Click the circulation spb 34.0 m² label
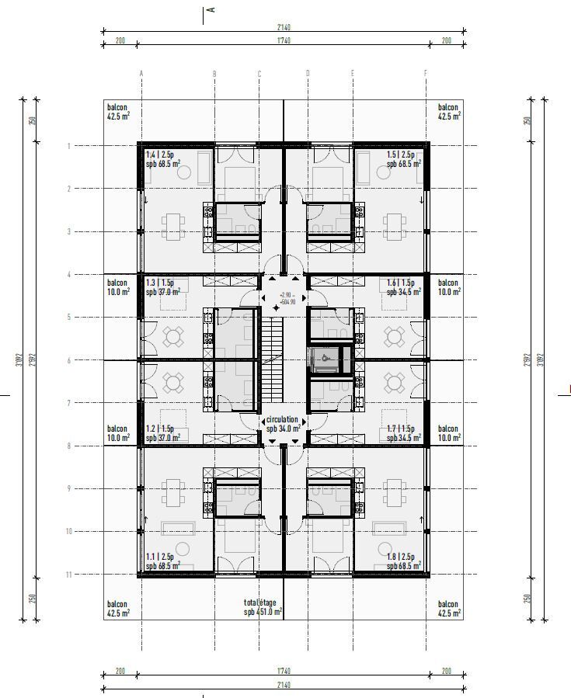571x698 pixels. [x=283, y=424]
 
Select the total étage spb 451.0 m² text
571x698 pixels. [x=262, y=607]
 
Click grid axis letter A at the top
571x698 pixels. [x=141, y=74]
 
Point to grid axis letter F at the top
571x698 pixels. [x=426, y=74]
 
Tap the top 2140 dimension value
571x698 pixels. [x=283, y=28]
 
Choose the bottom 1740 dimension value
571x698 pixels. [x=283, y=671]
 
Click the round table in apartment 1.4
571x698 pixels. [x=185, y=173]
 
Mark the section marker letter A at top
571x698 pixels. [x=211, y=9]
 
